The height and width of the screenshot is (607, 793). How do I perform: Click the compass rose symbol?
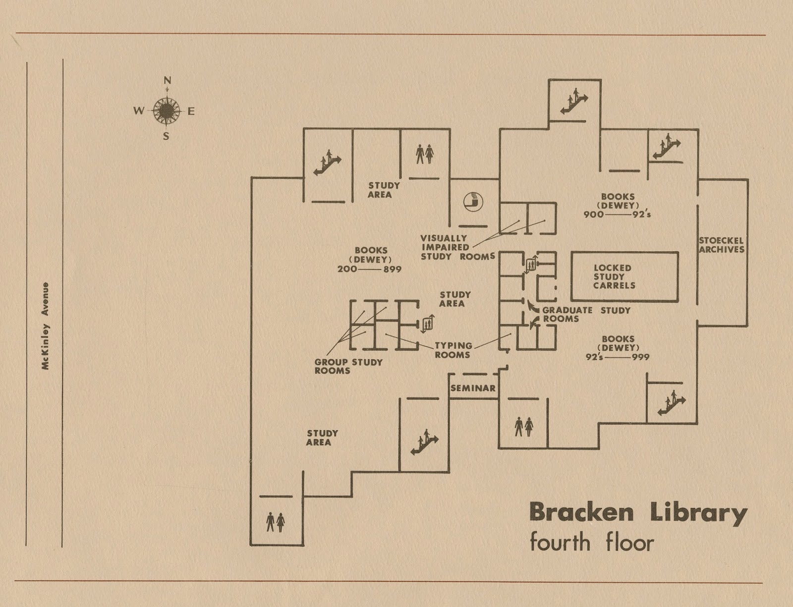click(167, 110)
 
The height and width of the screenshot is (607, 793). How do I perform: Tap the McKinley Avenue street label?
click(45, 326)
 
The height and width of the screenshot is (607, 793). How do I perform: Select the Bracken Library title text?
click(638, 513)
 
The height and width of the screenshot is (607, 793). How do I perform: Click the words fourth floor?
click(592, 542)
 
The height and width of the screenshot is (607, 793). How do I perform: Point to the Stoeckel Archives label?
click(722, 245)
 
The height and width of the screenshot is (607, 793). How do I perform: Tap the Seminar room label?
click(473, 388)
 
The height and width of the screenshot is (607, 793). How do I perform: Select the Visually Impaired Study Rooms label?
click(457, 247)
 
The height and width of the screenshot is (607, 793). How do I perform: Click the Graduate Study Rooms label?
click(586, 315)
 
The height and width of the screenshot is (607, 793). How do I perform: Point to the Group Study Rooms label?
click(348, 366)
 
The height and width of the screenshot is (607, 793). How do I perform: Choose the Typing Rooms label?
click(453, 350)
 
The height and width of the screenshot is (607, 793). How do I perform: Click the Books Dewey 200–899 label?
click(370, 260)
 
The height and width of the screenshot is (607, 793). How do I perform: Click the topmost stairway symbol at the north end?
click(574, 103)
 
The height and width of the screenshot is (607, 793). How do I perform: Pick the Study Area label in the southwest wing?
click(322, 438)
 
